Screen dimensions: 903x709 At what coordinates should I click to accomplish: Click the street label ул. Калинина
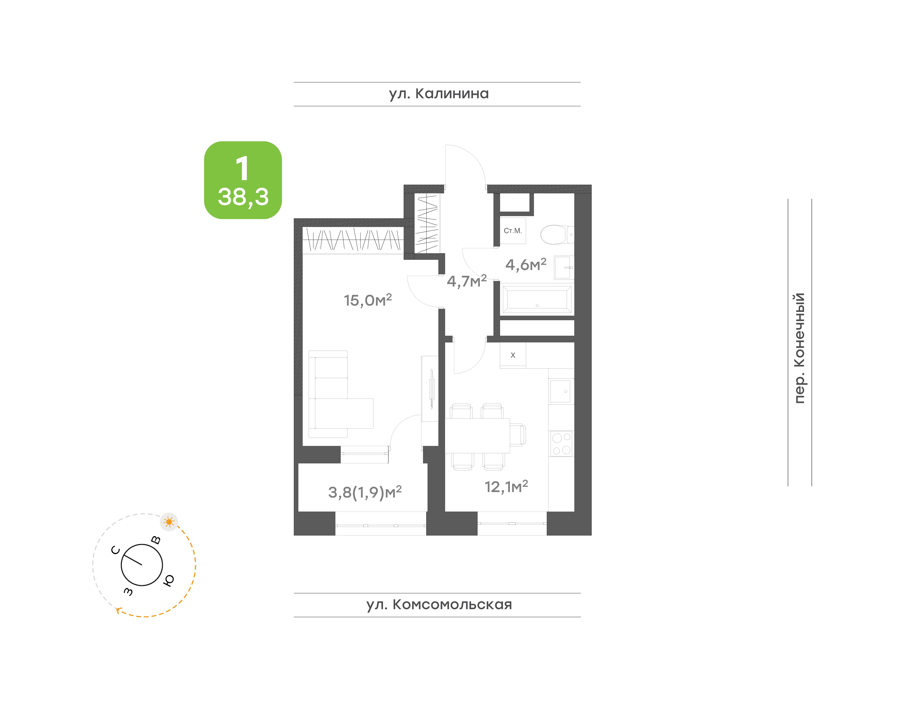[x=439, y=94]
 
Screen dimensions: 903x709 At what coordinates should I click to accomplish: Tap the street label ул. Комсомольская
[x=439, y=604]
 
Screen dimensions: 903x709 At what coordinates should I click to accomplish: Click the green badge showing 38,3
[x=243, y=180]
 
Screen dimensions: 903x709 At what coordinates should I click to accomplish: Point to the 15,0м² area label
[x=368, y=300]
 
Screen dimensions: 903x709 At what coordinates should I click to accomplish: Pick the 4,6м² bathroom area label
[x=526, y=264]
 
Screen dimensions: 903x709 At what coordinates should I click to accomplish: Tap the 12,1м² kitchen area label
[x=506, y=487]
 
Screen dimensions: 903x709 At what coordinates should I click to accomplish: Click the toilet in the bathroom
[x=557, y=235]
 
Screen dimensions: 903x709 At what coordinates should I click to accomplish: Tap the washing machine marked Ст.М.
[x=513, y=231]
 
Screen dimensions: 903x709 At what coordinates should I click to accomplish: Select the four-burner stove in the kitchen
[x=561, y=443]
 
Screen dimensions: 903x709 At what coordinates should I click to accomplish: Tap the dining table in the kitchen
[x=477, y=435]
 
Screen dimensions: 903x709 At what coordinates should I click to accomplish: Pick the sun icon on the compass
[x=169, y=522]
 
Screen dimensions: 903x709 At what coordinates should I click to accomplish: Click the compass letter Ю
[x=168, y=580]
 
